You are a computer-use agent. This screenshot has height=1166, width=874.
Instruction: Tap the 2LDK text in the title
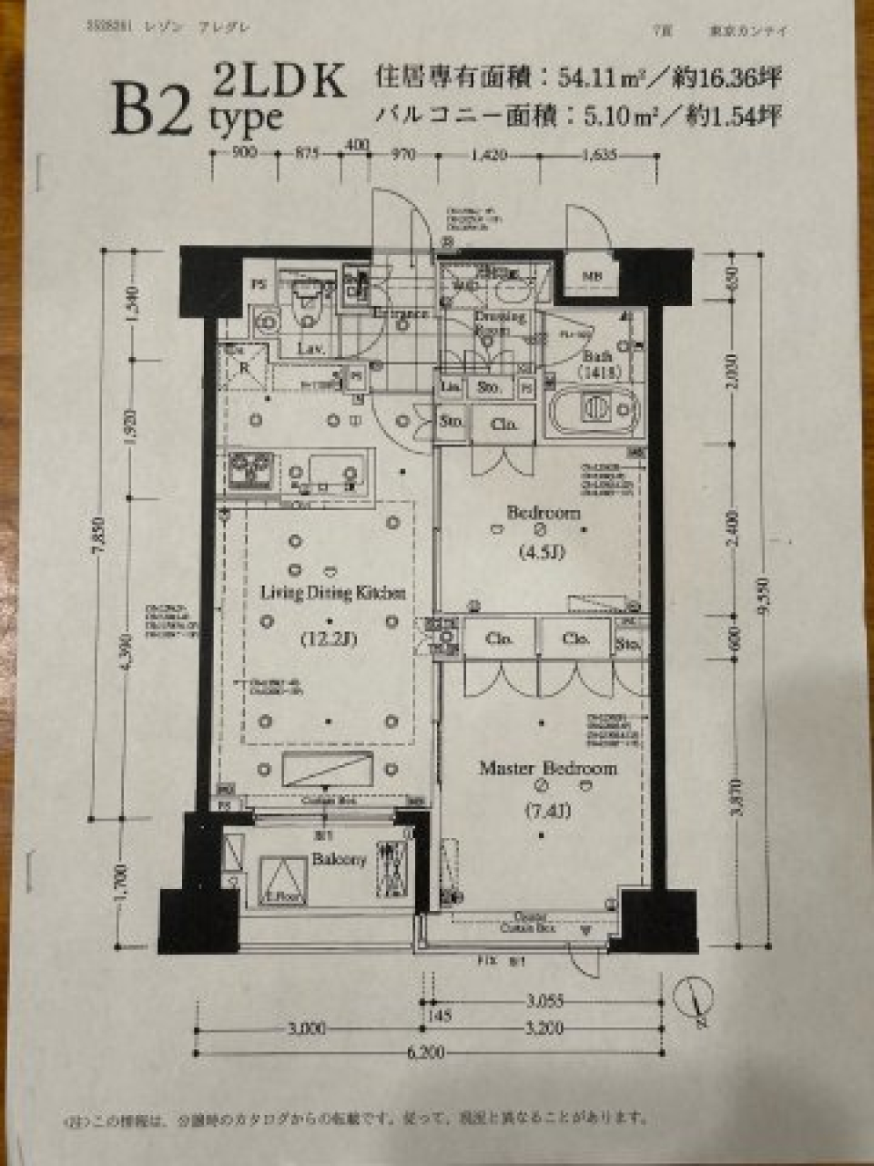[279, 81]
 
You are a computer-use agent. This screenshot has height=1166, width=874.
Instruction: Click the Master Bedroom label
[547, 769]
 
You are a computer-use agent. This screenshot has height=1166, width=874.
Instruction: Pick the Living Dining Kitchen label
[332, 593]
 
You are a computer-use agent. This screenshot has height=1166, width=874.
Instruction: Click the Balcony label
[339, 859]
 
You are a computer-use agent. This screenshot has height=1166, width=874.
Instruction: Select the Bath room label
[597, 356]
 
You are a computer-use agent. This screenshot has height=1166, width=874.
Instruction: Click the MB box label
[592, 277]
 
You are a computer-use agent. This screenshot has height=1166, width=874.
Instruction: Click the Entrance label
[401, 314]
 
